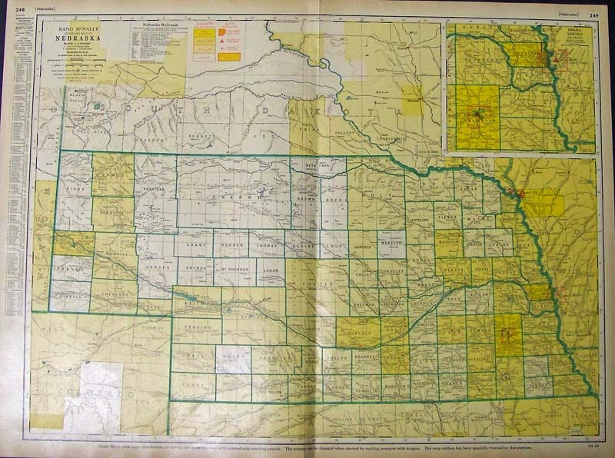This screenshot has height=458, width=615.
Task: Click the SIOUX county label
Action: [74, 187]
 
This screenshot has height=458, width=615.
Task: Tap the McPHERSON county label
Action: [234, 271]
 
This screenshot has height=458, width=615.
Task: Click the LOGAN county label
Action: [270, 271]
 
